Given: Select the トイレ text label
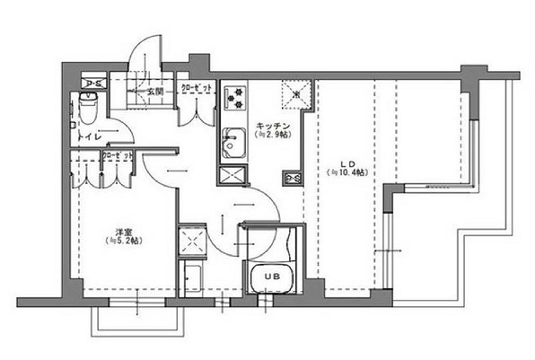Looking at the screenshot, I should (x=88, y=136).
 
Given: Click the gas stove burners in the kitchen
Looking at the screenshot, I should (x=234, y=94).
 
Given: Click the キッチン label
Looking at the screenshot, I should (x=272, y=125).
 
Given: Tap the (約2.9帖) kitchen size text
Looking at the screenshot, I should (x=271, y=135).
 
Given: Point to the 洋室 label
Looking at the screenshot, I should (x=122, y=231).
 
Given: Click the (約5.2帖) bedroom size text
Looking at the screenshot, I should (x=122, y=241).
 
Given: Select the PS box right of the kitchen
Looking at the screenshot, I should (x=293, y=178).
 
